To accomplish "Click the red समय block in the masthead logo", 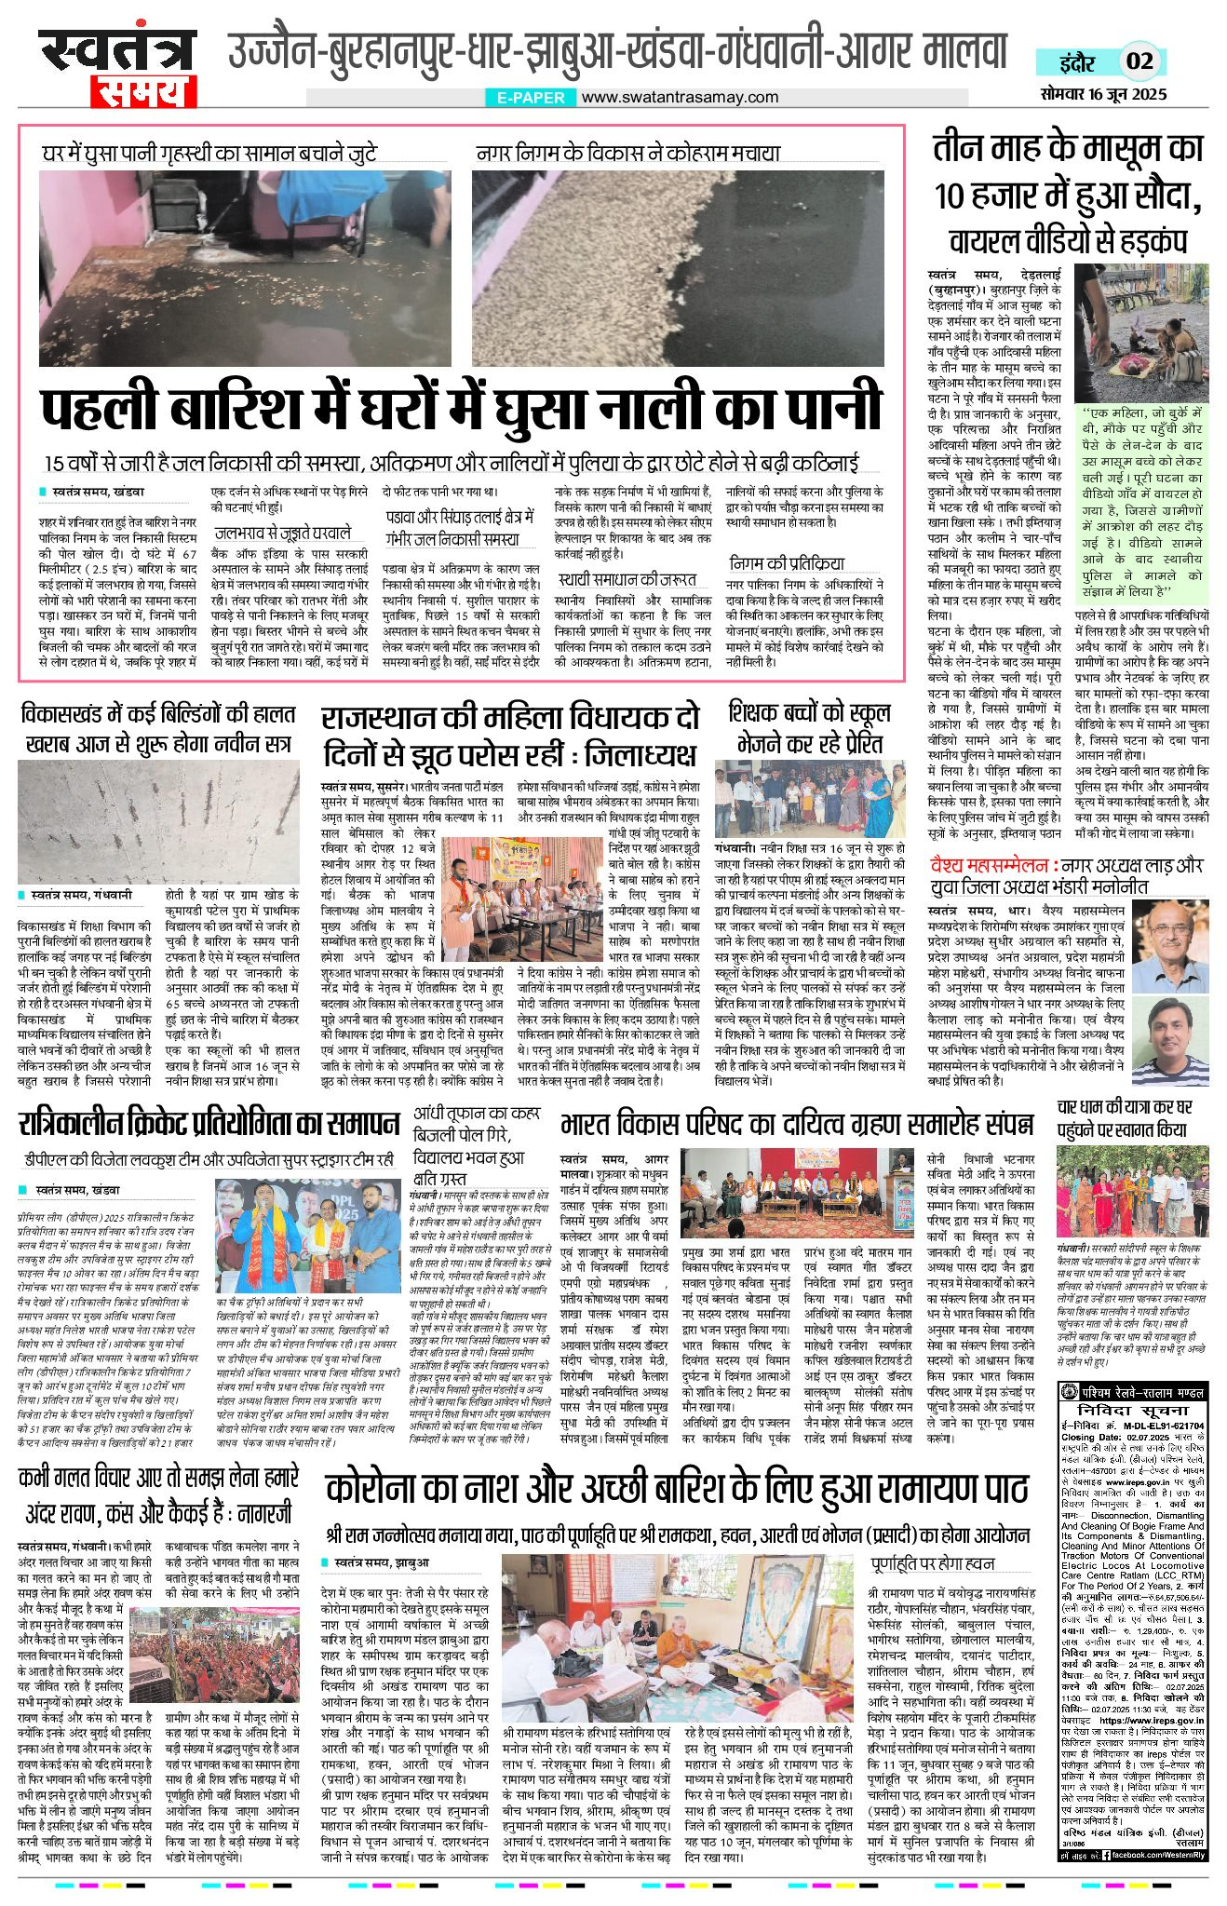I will click(x=143, y=92).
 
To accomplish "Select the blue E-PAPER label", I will click(x=530, y=97).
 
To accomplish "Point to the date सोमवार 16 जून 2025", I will click(x=1103, y=95).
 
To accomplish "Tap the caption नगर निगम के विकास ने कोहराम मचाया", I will click(x=627, y=154).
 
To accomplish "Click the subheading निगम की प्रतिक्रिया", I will click(x=787, y=562).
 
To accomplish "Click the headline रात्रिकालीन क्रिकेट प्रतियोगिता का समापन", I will click(x=209, y=1123).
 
